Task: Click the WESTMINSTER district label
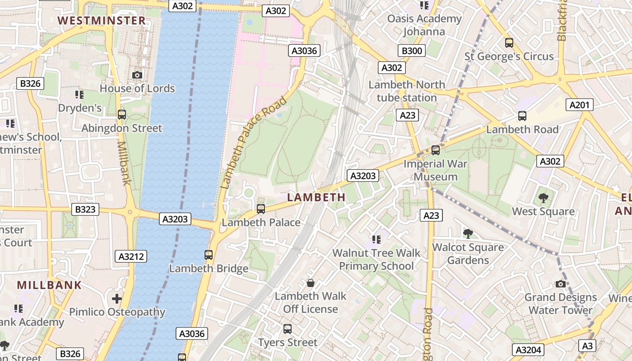coord(102,21)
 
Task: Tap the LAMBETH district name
coord(316,197)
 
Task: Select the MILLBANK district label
coord(50,285)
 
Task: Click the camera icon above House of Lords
coord(137,75)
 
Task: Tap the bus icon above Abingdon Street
coord(122,115)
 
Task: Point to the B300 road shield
coord(411,51)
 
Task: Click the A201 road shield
coord(580,105)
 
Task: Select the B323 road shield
coord(85,209)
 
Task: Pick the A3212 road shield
coord(131,257)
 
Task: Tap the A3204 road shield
coord(528,350)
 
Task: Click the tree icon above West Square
coord(543,198)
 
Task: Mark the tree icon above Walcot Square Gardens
coord(468,233)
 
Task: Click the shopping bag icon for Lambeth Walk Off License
coord(311,283)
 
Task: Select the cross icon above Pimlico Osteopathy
coord(117,299)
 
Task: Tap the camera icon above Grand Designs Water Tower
coord(561,284)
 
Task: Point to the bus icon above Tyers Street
coord(288,329)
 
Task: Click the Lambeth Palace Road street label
coord(254,143)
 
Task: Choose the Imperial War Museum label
coord(435,170)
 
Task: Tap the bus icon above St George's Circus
coord(509,43)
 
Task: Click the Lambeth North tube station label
coord(407,91)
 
